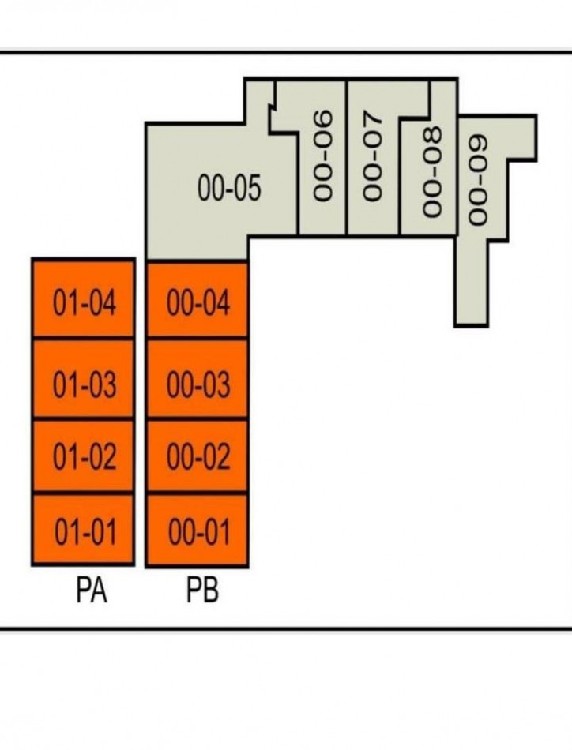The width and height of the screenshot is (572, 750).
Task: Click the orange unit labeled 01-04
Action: coord(83,298)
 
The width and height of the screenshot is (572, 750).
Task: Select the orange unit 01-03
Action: coord(83,379)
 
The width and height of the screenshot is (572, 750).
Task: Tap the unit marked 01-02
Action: coord(83,456)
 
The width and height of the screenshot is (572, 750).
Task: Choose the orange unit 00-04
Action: coord(198,300)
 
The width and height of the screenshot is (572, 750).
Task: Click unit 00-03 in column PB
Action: coord(198,379)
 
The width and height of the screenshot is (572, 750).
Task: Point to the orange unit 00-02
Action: coord(198,456)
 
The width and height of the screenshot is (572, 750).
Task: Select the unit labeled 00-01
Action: coord(198,531)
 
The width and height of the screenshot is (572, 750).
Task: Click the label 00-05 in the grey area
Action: coord(229,187)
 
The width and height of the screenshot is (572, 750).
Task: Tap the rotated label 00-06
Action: coord(322,155)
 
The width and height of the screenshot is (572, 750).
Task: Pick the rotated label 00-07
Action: coord(373,155)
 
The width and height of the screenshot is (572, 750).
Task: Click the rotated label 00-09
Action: coord(478,179)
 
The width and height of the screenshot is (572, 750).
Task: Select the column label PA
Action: coord(92,591)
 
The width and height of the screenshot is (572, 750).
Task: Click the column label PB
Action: coord(202,591)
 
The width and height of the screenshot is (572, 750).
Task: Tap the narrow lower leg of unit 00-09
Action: coord(472,284)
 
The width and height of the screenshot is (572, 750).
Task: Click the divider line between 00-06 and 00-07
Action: coord(347,157)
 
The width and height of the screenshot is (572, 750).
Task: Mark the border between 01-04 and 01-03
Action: coord(83,338)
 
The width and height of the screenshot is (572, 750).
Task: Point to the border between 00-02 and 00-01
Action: coord(198,493)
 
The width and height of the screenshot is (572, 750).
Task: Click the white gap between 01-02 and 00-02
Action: coord(141,456)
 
